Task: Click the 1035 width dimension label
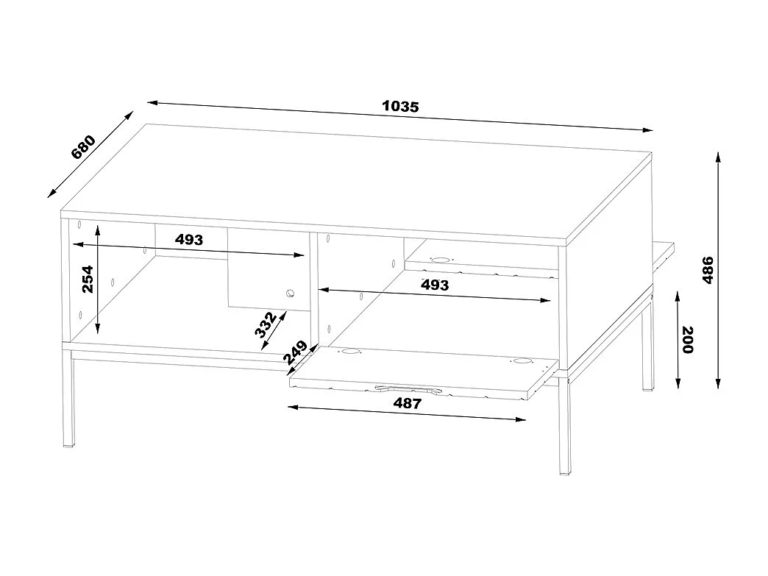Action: [400, 106]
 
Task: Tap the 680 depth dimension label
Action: [83, 147]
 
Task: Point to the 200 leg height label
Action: [687, 339]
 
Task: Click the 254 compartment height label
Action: [88, 280]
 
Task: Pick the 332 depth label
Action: [266, 324]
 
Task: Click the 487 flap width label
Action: [407, 403]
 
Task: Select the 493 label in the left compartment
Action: [188, 239]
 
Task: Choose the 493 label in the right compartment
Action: [435, 285]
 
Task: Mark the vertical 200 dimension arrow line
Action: [678, 339]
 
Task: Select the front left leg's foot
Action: [68, 444]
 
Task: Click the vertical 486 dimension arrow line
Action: [718, 271]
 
